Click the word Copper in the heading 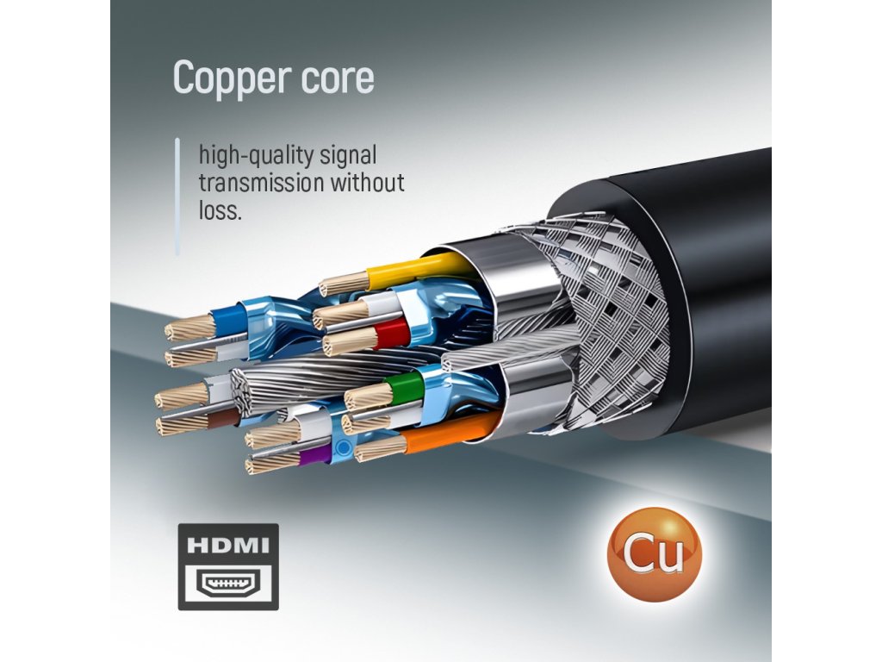(226, 78)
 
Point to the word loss (220, 209)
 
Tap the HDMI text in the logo (228, 546)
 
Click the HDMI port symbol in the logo (228, 584)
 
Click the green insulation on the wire (401, 386)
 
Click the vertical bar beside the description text (177, 197)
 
